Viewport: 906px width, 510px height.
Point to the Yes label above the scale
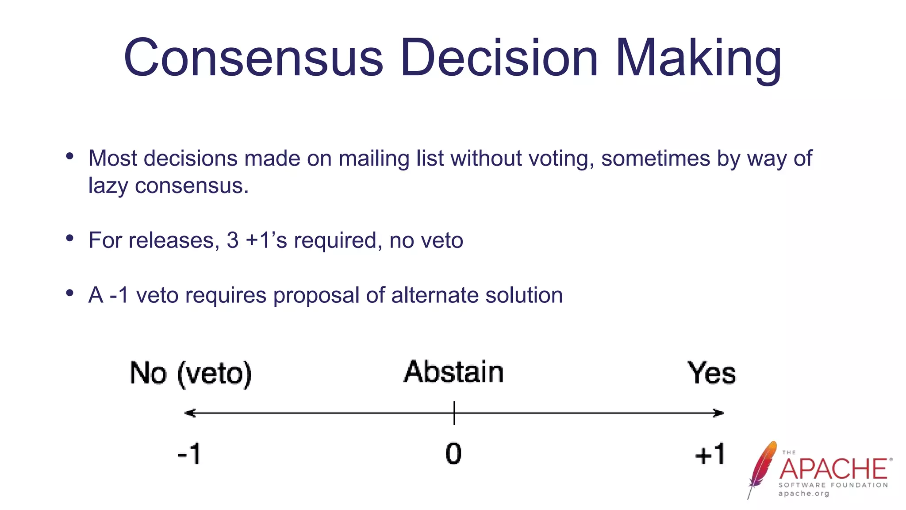(x=711, y=373)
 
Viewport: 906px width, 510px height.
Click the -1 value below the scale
(x=189, y=454)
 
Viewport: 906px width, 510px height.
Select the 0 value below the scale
(x=453, y=454)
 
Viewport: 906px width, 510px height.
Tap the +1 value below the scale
(x=710, y=454)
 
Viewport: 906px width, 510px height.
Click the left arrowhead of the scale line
(x=189, y=413)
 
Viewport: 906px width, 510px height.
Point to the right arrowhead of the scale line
(x=718, y=413)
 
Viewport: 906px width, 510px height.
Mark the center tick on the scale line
(x=454, y=413)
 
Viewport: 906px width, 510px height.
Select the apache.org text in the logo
(x=804, y=494)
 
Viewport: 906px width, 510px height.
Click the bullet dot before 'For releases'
(x=69, y=239)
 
